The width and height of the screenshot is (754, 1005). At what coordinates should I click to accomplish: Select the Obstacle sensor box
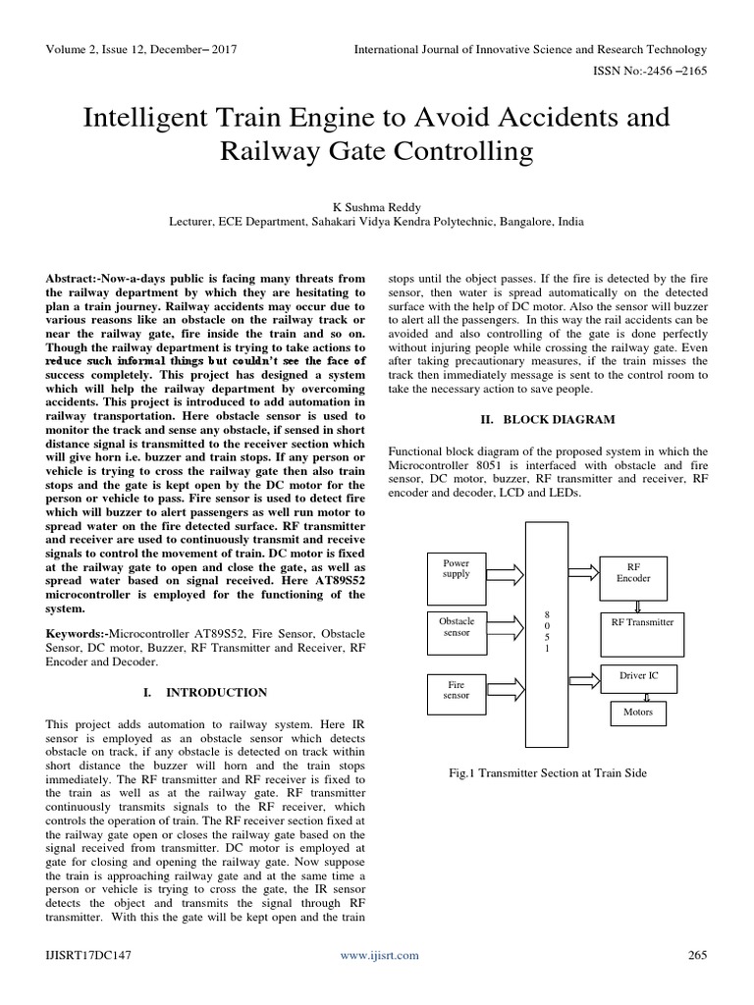[x=458, y=628]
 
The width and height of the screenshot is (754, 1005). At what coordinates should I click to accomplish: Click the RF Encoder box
[x=632, y=574]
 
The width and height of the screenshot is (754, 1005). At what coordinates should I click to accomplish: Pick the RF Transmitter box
[x=642, y=623]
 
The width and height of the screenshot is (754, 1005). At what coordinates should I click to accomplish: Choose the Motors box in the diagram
[x=637, y=713]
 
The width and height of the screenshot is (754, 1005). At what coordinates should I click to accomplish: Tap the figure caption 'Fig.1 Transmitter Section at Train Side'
[x=547, y=773]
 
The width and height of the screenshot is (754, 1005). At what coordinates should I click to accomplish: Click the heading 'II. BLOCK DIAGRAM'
[x=548, y=420]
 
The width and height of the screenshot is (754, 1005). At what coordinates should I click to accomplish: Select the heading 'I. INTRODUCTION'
[x=204, y=693]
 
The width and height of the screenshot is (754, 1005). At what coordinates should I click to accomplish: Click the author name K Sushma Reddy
[x=376, y=207]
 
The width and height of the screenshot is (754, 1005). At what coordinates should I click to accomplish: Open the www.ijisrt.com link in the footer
[x=379, y=955]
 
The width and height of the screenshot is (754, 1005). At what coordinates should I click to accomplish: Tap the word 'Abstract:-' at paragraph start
[x=78, y=280]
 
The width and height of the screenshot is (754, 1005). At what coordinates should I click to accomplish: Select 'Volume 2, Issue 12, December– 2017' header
[x=141, y=49]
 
